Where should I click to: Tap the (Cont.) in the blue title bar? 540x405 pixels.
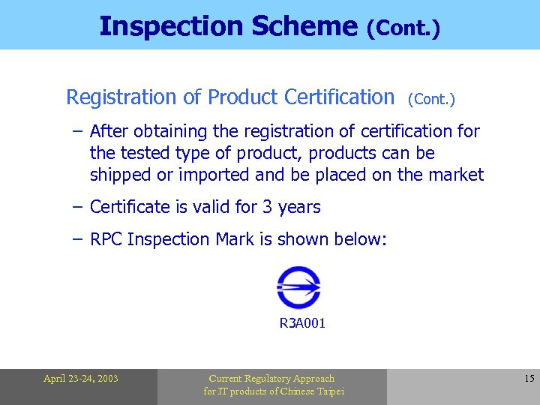403,28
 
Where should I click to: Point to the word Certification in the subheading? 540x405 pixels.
338,97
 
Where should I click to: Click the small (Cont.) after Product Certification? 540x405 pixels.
432,99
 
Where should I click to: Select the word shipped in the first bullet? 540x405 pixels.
118,175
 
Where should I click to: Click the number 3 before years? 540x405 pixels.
268,207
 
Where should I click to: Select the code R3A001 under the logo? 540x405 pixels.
302,324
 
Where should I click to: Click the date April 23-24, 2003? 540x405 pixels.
80,379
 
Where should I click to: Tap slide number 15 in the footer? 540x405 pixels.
529,379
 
